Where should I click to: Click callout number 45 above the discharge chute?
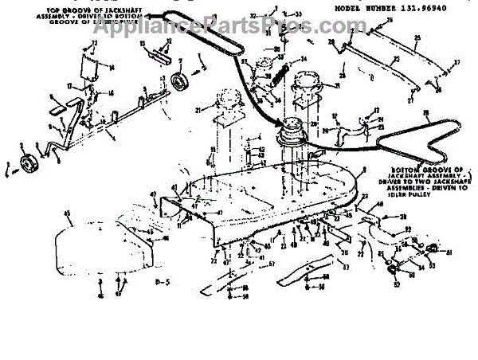point(68,213)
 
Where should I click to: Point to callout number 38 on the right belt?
point(427,113)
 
